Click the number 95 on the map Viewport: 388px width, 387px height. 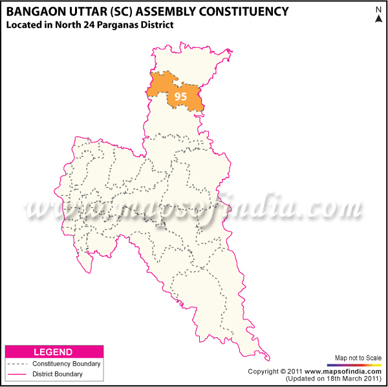pyautogui.click(x=180, y=96)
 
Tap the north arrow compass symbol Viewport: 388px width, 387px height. pyautogui.click(x=378, y=14)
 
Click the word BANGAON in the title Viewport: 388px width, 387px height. pyautogui.click(x=37, y=11)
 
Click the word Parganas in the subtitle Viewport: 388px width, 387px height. pyautogui.click(x=125, y=25)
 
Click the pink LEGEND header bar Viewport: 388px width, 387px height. pyautogui.click(x=54, y=352)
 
